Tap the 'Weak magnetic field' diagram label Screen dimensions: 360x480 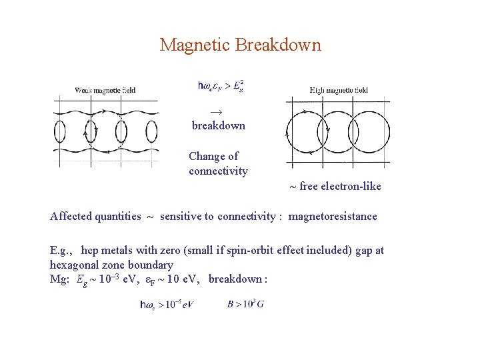tap(105, 90)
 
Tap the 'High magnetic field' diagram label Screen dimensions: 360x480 tap(339, 90)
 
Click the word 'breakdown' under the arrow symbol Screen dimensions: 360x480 tap(219, 125)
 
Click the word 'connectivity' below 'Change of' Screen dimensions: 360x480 tap(218, 171)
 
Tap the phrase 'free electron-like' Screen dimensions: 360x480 tap(340, 187)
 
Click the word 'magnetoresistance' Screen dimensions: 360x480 tap(333, 216)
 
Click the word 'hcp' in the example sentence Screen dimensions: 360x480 tap(91, 251)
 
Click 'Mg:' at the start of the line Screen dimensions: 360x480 tap(60, 279)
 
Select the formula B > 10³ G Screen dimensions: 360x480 tap(245, 305)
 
